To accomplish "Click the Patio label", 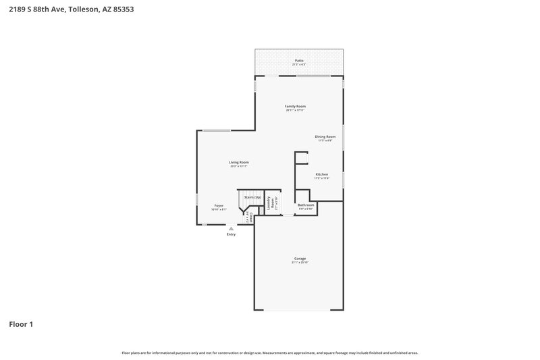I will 299,60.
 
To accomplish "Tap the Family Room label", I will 295,106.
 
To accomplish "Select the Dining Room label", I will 325,136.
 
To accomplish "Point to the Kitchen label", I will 322,174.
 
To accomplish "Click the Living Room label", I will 239,162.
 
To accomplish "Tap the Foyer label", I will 219,205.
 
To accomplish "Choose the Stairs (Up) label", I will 253,197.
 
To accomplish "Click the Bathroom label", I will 306,205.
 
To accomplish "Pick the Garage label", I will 300,258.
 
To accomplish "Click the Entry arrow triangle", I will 232,228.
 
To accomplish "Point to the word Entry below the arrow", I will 232,234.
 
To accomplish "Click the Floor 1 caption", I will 21,324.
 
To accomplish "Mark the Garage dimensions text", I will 300,263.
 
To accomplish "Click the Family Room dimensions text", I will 295,110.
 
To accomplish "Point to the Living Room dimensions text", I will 239,166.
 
